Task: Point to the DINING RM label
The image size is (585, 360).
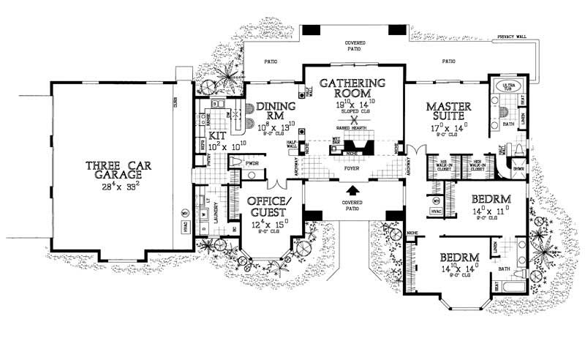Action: [x=273, y=110]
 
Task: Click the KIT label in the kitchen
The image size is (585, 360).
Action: [x=217, y=136]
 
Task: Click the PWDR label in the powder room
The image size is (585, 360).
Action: [x=253, y=163]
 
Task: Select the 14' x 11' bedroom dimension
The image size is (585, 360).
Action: [x=483, y=211]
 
